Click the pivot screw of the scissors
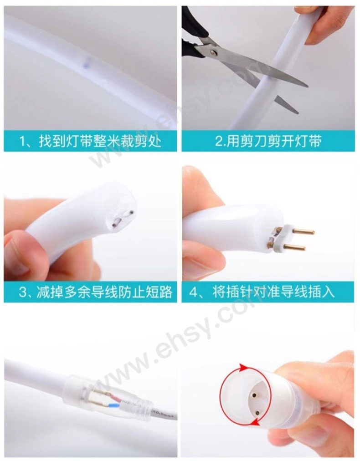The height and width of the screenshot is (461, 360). tap(213, 52)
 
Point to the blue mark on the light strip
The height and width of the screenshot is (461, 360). tap(86, 62)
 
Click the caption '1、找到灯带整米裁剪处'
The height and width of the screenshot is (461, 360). tap(90, 142)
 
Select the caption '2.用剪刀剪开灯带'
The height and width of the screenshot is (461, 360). tap(268, 141)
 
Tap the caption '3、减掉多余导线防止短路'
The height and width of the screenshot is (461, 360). tap(95, 292)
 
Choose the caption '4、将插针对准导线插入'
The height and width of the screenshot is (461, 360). tap(262, 292)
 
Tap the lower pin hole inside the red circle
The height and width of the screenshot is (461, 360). tap(257, 413)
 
